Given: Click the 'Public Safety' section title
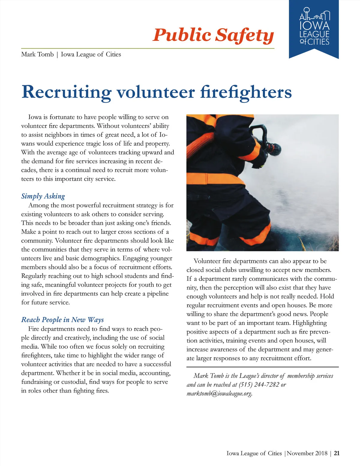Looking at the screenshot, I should click(x=213, y=35).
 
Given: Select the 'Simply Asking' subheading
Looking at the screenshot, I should click(x=43, y=196).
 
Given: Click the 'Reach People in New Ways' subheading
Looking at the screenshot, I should click(x=62, y=320).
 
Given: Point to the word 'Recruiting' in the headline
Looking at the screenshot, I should click(x=66, y=92).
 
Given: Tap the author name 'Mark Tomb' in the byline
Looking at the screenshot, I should click(x=37, y=55).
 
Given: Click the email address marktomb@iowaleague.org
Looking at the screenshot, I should click(x=219, y=393).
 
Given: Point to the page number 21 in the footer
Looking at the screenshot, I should click(x=337, y=453).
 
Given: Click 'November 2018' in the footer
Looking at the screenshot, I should click(x=307, y=453).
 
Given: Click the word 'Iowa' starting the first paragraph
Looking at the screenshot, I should click(x=35, y=117).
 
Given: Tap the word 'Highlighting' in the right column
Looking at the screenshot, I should click(x=310, y=323).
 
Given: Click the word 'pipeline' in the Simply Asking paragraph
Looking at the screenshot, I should click(x=158, y=294).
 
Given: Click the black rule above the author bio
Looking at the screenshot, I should click(x=262, y=367).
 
